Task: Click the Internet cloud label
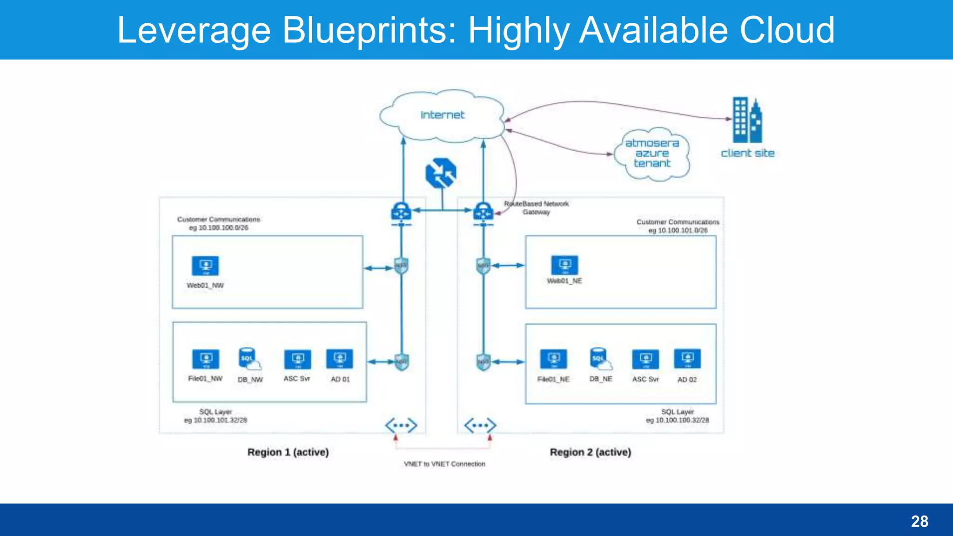click(x=442, y=115)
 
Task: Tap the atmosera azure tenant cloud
click(x=652, y=154)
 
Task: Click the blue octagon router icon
click(x=441, y=173)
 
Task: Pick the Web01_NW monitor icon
click(x=205, y=266)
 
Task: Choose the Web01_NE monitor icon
click(x=564, y=265)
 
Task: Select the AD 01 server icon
click(x=340, y=359)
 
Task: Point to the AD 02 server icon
click(x=687, y=359)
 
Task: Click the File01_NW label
click(x=205, y=379)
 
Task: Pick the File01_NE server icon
click(x=553, y=359)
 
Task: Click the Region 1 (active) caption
click(x=288, y=452)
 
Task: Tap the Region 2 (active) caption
click(x=591, y=452)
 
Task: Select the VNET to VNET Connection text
click(x=444, y=464)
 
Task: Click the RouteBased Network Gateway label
click(x=536, y=208)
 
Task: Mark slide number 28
click(x=919, y=521)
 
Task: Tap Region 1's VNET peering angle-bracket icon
click(x=401, y=425)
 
